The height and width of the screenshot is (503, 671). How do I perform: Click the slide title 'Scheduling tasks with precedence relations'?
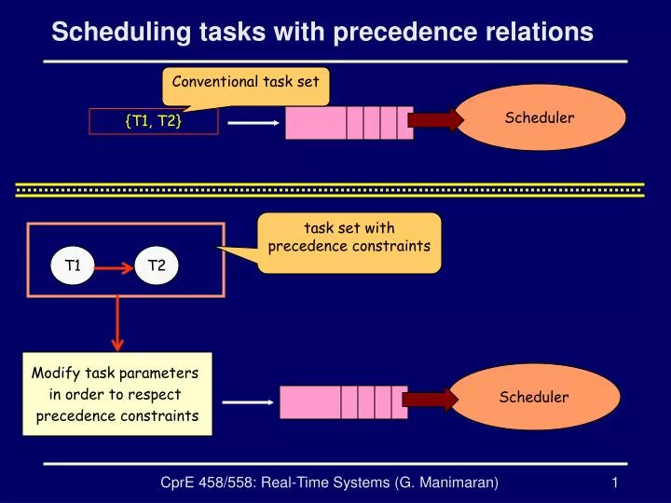(x=322, y=32)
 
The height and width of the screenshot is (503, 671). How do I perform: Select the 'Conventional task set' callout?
(x=246, y=82)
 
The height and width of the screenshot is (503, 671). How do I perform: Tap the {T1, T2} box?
(x=154, y=120)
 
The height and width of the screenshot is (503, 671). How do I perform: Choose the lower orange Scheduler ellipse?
(x=534, y=398)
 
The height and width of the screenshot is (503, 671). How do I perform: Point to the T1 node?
(x=73, y=266)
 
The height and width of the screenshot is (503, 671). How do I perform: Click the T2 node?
(x=157, y=266)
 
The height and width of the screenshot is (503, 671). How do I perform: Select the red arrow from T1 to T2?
(x=114, y=267)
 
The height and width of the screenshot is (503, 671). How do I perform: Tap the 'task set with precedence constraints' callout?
(x=349, y=238)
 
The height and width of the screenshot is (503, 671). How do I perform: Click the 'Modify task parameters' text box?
(x=116, y=394)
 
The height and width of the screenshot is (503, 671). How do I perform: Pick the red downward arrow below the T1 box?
(x=116, y=321)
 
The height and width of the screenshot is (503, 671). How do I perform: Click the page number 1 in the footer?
(x=616, y=482)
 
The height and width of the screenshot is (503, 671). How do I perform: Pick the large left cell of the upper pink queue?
(x=315, y=122)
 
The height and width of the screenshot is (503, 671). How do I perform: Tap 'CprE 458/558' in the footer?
(x=202, y=482)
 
